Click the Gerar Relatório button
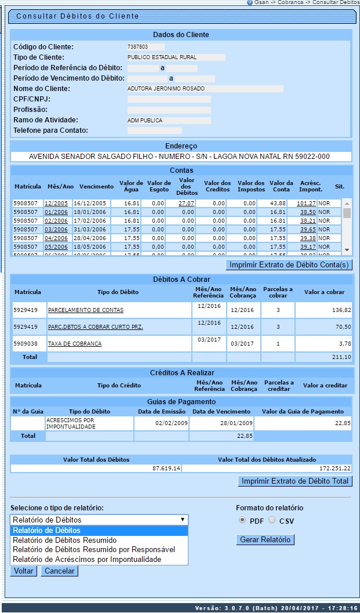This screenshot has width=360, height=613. pos(266,540)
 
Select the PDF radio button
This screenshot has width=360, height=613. pos(242,520)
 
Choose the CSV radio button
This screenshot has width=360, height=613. pos(272,520)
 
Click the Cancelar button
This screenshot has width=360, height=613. pos(59,571)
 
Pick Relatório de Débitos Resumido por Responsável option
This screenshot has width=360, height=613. pos(93,550)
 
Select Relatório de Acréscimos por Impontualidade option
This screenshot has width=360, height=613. pos(87,560)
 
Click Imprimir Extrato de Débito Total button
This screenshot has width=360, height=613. pos(295,481)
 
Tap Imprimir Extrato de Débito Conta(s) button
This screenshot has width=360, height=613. pos(289,265)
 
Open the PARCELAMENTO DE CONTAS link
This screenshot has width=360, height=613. pos(85,310)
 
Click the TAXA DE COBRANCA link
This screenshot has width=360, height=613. pos(75,344)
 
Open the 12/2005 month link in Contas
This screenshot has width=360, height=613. pos(56,204)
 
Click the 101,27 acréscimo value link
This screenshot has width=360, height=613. pos(306,204)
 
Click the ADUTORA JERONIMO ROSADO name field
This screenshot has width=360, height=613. pos(205,89)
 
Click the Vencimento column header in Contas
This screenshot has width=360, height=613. pos(97,187)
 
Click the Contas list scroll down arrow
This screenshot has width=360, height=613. pos(347,249)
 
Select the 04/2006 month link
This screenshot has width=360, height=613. pos(56,238)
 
